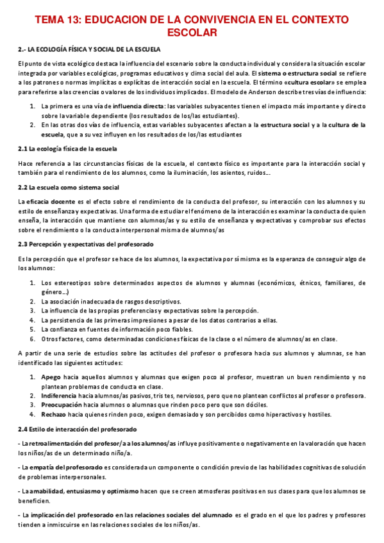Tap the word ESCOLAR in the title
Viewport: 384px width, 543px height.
coord(192,32)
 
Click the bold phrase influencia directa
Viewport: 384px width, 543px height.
coord(137,106)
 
